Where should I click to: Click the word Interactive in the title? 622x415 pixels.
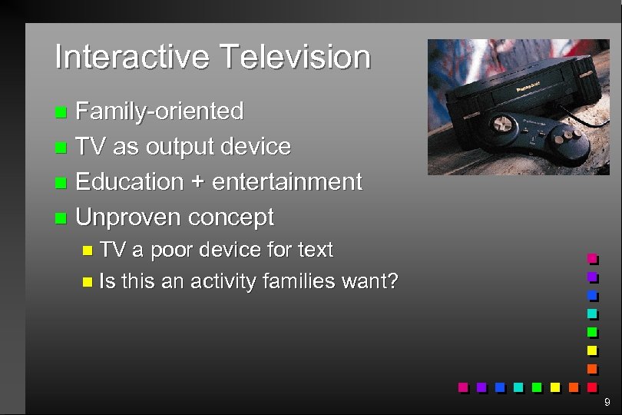[x=131, y=57]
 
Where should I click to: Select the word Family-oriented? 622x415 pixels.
[x=160, y=111]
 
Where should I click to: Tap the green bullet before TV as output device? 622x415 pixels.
[x=61, y=148]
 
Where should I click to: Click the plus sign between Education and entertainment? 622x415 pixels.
[x=197, y=182]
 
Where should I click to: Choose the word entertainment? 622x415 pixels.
[x=286, y=182]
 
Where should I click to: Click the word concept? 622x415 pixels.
[x=230, y=218]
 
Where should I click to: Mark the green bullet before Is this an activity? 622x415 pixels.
[x=86, y=282]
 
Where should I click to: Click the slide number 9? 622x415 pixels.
[x=607, y=402]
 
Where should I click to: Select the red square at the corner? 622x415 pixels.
[x=591, y=387]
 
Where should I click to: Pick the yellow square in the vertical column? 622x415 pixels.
[x=591, y=350]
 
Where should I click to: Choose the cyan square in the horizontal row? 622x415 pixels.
[x=518, y=387]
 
